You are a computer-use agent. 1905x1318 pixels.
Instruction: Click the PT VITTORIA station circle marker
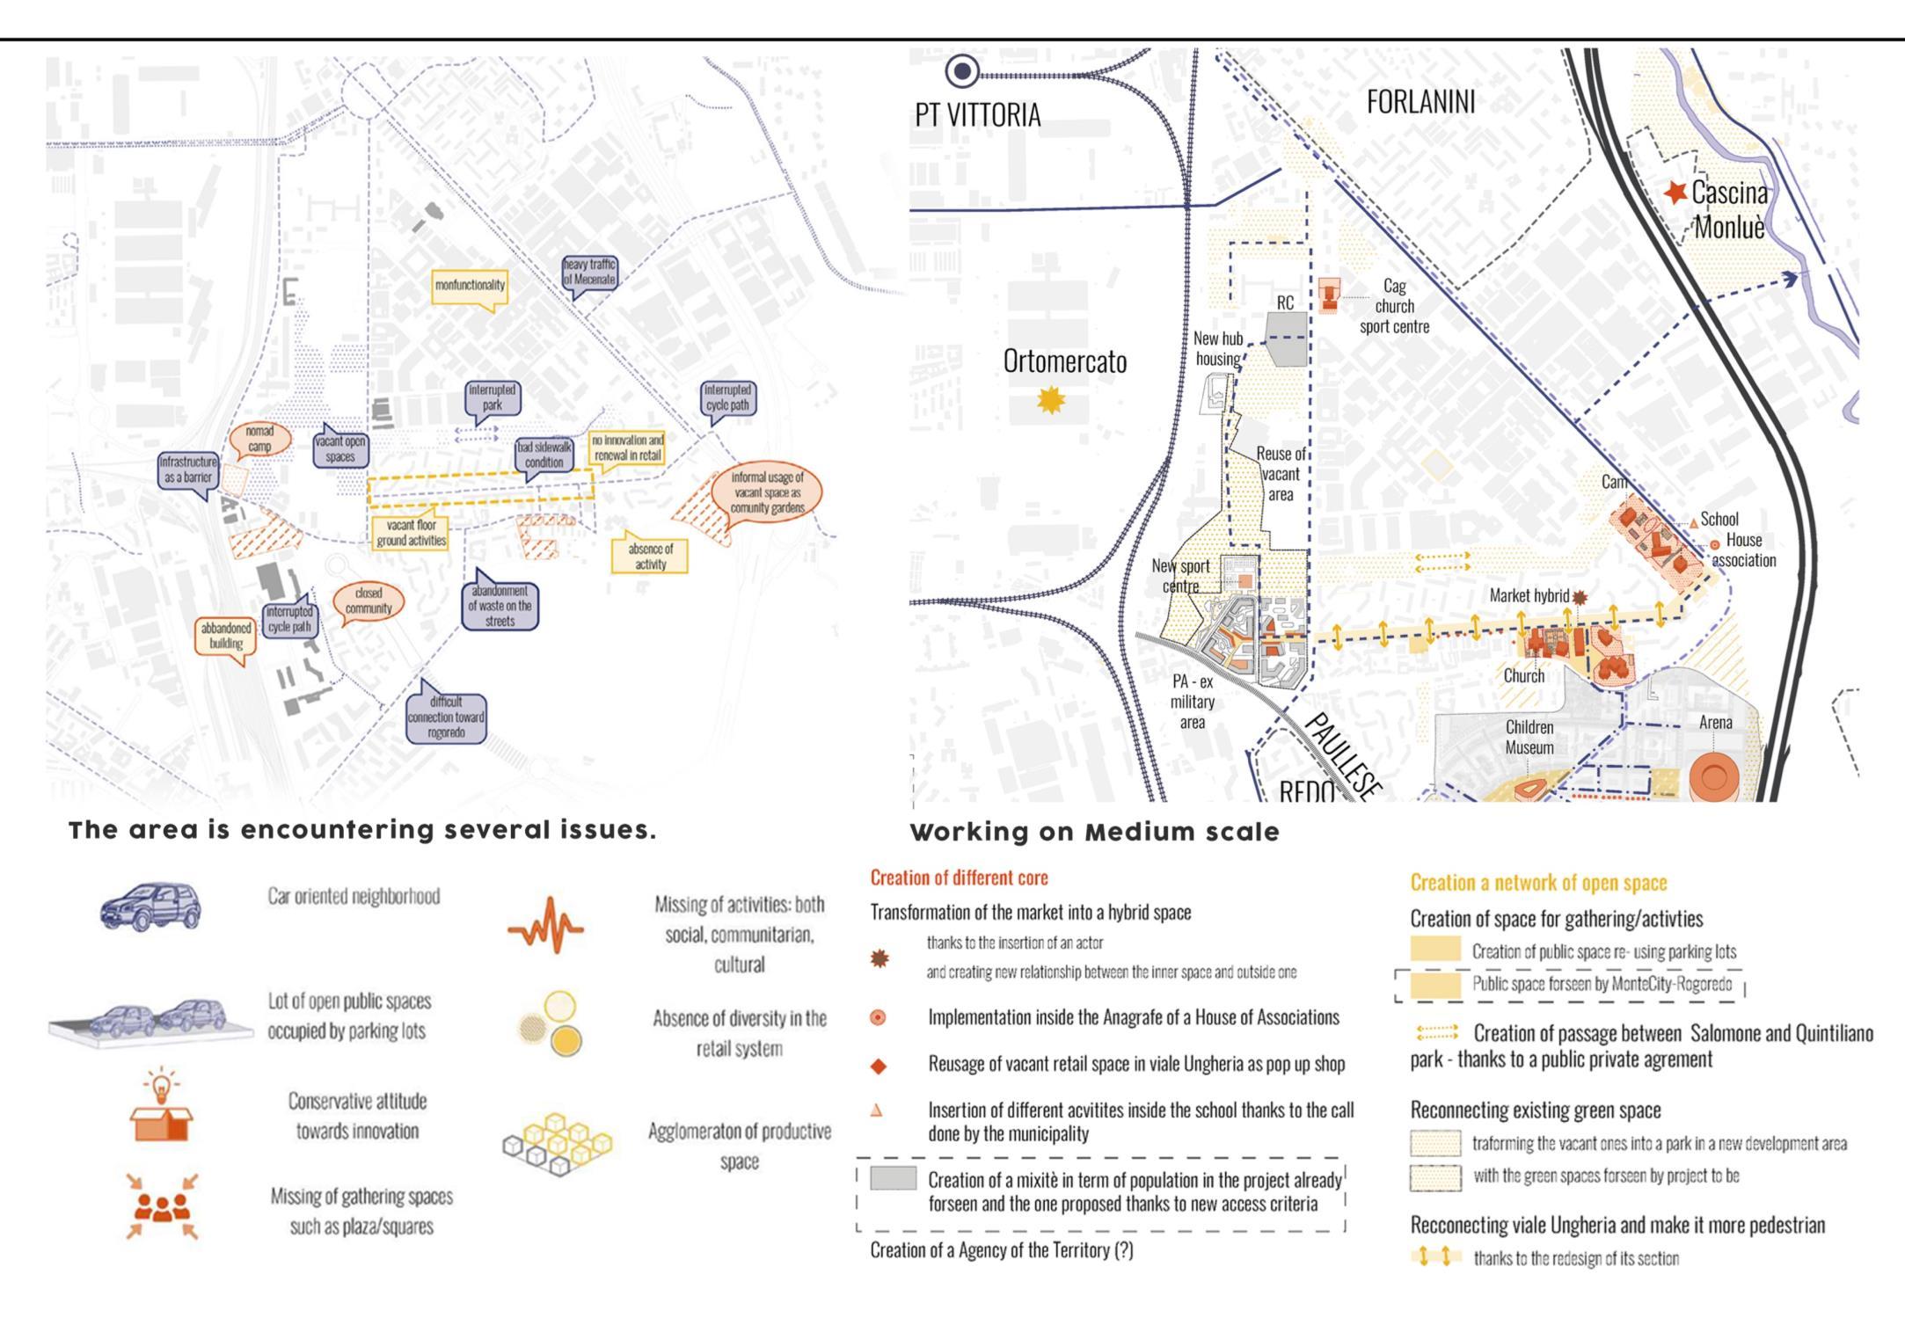click(x=962, y=70)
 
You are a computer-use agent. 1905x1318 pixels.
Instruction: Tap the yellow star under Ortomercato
click(x=1051, y=400)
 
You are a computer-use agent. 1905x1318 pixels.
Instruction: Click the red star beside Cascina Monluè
click(x=1675, y=192)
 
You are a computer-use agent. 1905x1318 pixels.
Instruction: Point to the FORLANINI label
click(x=1420, y=102)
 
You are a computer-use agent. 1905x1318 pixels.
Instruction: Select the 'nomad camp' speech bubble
click(x=259, y=439)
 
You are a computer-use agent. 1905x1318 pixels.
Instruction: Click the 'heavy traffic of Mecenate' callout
click(x=589, y=272)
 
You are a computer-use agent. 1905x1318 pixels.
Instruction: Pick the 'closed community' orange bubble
click(x=369, y=601)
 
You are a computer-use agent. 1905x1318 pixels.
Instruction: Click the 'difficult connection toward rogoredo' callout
click(x=447, y=717)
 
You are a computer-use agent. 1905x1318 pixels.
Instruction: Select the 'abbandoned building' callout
click(x=226, y=636)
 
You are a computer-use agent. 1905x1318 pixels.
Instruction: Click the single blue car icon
click(x=150, y=905)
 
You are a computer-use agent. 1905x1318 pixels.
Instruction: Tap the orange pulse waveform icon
click(x=545, y=925)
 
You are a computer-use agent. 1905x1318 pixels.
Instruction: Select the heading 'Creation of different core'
click(x=959, y=877)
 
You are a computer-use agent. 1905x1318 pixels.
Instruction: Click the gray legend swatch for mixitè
click(x=893, y=1178)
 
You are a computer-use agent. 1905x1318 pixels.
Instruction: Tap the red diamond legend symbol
click(x=878, y=1067)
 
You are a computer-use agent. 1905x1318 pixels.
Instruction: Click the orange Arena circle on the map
click(x=1713, y=776)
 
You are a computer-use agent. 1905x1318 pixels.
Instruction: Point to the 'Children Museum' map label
click(x=1529, y=737)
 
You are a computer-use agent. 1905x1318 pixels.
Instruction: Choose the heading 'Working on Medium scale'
click(x=1094, y=832)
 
